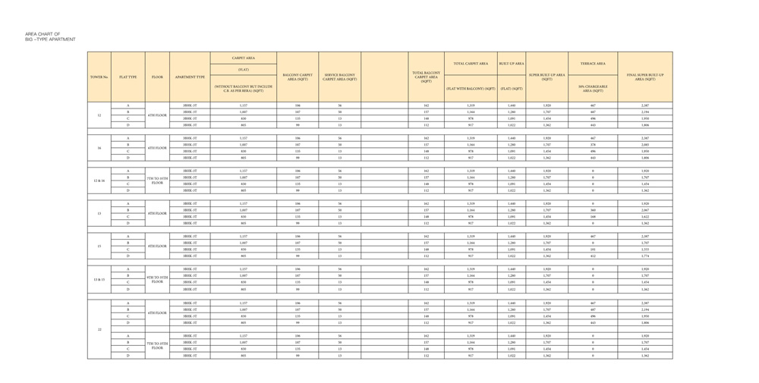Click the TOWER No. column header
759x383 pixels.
click(99, 77)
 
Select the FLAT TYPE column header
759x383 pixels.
click(128, 77)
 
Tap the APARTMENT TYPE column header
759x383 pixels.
click(190, 77)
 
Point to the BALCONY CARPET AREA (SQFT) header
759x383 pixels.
click(298, 77)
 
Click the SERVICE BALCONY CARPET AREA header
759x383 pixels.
click(339, 77)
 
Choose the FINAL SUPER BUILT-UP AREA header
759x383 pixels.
click(645, 77)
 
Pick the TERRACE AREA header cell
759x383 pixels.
click(593, 64)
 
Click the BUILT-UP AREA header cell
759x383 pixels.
click(512, 64)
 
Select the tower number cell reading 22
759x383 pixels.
click(99, 329)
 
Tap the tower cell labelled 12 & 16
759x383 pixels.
click(99, 181)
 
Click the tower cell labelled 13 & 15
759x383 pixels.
click(99, 279)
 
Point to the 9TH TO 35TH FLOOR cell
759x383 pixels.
click(157, 279)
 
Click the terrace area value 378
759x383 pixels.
click(593, 145)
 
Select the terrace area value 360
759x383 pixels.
click(593, 210)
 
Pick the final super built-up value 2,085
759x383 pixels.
click(645, 145)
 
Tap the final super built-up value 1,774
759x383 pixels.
click(645, 256)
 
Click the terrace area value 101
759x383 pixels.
click(593, 250)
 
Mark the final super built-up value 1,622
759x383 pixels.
click(645, 217)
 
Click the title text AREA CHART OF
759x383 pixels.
click(41, 34)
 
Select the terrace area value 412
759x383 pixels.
click(593, 256)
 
